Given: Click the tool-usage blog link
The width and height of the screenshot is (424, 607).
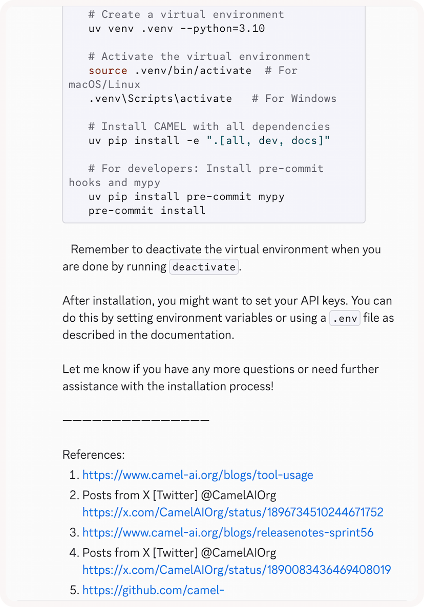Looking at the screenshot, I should click(198, 475).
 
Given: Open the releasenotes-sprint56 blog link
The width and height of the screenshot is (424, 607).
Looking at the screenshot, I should click(228, 532).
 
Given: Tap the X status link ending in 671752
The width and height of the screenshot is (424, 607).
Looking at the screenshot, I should click(232, 512).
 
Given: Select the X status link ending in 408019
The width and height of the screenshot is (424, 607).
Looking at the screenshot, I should click(237, 569).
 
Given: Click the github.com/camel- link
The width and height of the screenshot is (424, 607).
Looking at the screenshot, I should click(153, 590).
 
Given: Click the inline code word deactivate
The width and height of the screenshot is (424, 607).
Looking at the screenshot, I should click(204, 267).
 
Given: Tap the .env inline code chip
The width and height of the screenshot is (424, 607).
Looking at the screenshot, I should click(345, 318).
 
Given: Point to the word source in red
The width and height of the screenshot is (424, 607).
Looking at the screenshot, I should click(108, 71).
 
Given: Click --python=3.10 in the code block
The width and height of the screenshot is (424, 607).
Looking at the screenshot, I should click(223, 29).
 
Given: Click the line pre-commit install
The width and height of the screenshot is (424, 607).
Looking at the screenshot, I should click(147, 210).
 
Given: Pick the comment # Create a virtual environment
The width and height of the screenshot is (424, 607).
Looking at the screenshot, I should click(186, 15).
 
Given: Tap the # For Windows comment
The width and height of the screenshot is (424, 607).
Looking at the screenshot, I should click(294, 98).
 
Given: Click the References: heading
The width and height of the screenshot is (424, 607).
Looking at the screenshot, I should click(94, 455).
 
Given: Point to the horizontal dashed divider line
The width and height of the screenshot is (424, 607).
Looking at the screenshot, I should click(136, 420).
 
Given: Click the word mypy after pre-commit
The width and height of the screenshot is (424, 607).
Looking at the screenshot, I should click(271, 196).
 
